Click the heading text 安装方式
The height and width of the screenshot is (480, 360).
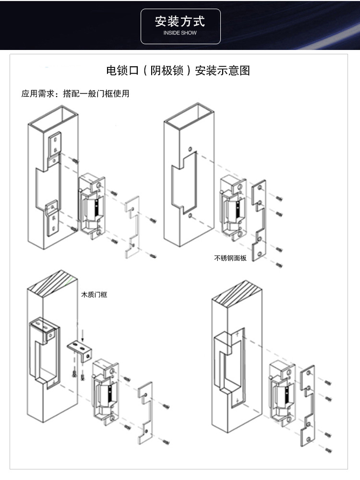180,22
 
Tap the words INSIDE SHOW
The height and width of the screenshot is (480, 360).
180,33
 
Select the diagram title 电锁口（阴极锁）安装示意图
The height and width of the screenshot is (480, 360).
178,71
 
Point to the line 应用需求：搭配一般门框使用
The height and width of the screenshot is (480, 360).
75,93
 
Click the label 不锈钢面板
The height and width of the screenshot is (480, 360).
230,258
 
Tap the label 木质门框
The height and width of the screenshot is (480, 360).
94,295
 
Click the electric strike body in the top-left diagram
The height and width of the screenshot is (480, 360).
92,207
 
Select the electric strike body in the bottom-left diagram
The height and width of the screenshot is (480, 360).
105,393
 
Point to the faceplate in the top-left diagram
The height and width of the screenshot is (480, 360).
132,227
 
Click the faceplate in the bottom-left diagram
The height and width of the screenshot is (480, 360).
145,413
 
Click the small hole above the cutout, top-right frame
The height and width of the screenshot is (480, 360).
190,149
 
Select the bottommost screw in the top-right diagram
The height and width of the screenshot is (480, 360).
279,265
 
